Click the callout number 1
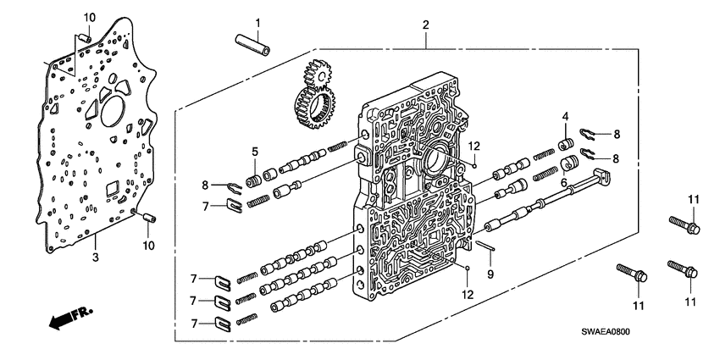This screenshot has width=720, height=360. point(258,22)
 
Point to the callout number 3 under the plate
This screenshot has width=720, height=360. point(95,256)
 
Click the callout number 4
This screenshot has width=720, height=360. point(566,116)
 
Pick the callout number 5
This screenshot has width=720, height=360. point(230,152)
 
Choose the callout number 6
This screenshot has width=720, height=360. point(563,183)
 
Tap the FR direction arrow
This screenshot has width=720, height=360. point(64,319)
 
